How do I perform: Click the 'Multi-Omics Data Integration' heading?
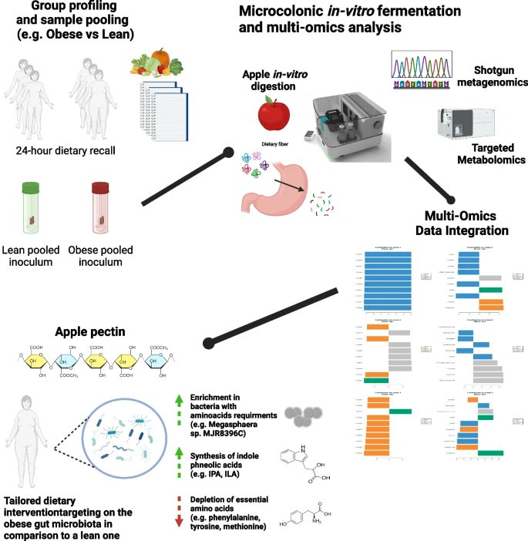coord(462,223)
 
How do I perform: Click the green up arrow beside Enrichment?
coord(179,400)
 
